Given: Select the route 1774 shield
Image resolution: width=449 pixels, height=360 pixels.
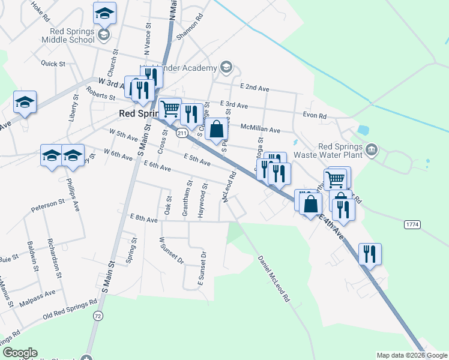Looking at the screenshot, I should click(412, 224).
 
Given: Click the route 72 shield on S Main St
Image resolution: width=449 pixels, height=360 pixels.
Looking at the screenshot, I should click(98, 315).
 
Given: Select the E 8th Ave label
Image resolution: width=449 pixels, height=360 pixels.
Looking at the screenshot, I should click(144, 220).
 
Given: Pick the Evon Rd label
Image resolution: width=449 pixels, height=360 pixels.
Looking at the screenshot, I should click(315, 116).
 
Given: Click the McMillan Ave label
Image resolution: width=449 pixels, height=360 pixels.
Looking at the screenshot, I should click(261, 129).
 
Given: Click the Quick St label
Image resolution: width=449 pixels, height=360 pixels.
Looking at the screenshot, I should click(53, 63).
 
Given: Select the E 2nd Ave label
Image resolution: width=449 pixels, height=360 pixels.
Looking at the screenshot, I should click(254, 88).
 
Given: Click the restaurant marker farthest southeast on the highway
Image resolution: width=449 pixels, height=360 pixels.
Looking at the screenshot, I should click(370, 254).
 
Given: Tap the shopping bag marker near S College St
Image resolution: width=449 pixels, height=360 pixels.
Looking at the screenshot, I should click(216, 129).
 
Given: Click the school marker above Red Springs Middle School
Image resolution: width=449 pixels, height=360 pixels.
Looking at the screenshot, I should click(105, 13).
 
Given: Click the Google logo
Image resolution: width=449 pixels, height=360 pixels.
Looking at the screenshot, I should click(20, 353).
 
